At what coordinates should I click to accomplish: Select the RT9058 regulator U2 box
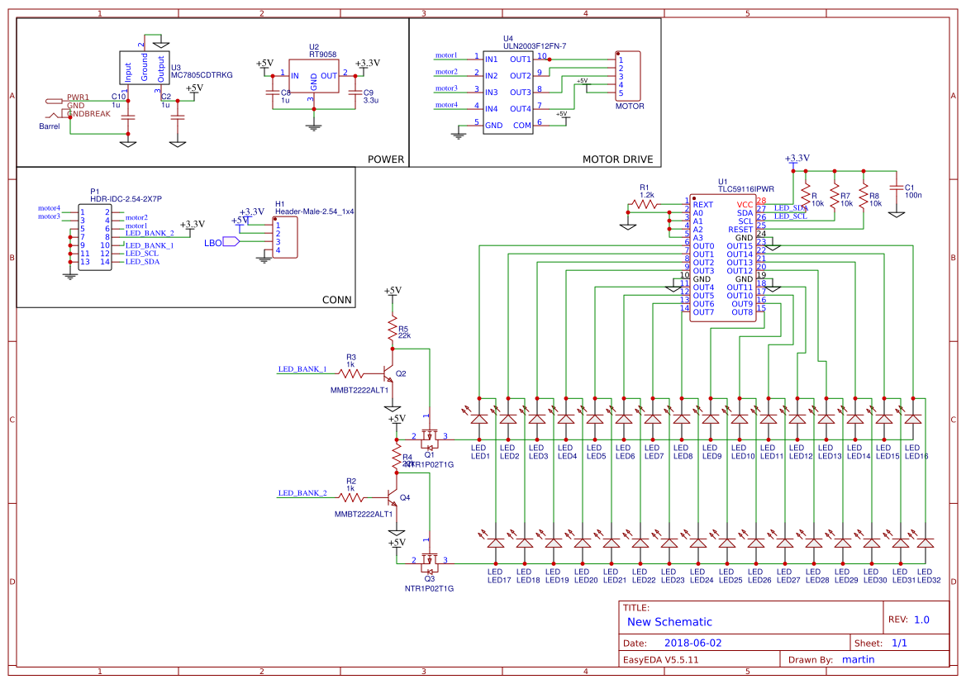pyautogui.click(x=313, y=83)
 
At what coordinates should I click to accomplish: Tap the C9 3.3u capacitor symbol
pyautogui.click(x=356, y=93)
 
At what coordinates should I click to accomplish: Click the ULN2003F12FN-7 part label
pyautogui.click(x=534, y=46)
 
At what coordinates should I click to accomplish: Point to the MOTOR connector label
pyautogui.click(x=630, y=107)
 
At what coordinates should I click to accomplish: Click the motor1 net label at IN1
pyautogui.click(x=446, y=55)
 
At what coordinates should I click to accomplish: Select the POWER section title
pyautogui.click(x=385, y=159)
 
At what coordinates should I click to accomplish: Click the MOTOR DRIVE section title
pyautogui.click(x=617, y=159)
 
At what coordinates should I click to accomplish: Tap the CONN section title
pyautogui.click(x=336, y=299)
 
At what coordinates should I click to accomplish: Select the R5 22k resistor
pyautogui.click(x=393, y=331)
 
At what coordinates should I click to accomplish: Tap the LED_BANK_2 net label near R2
pyautogui.click(x=302, y=493)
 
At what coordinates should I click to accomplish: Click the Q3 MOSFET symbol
pyautogui.click(x=429, y=562)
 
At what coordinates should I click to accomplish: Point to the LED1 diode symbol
pyautogui.click(x=479, y=419)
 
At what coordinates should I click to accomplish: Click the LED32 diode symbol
pyautogui.click(x=926, y=543)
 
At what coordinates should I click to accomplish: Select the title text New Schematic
pyautogui.click(x=669, y=622)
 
